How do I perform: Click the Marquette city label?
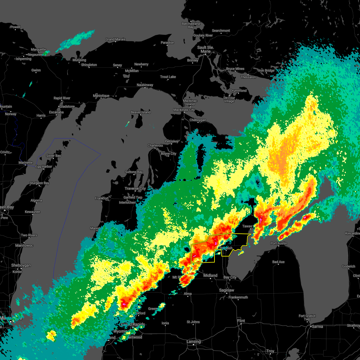coord(38,49)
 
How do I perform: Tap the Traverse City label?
coord(135,188)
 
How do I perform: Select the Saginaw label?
coord(226,290)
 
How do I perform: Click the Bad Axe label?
coord(278,262)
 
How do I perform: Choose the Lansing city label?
coord(193,341)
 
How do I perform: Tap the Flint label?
coord(241,321)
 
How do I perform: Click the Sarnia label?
coord(318,326)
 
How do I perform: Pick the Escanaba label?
coord(56,112)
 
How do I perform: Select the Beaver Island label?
coord(141,112)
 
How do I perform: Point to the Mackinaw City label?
coord(184,110)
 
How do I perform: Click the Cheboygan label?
coord(198,120)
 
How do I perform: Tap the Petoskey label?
coord(172,141)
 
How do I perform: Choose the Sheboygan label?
coord(21,265)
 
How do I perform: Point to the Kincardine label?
coord(352,233)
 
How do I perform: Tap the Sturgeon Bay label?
coord(39,183)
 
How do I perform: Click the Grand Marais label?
coord(115,39)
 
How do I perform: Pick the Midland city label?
coord(210,275)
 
